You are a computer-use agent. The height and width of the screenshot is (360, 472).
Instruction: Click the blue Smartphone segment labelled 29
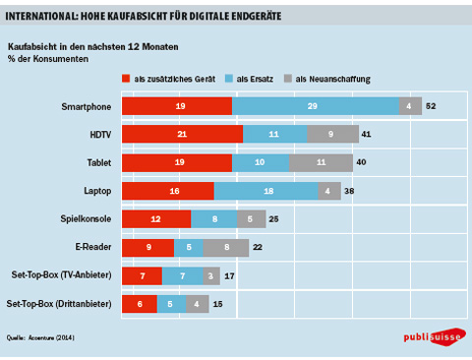(316, 106)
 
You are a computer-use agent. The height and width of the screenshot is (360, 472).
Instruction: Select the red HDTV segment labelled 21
(182, 134)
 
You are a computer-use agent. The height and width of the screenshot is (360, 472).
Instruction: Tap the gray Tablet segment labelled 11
(321, 162)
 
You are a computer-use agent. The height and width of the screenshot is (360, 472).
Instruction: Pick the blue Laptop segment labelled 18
(265, 191)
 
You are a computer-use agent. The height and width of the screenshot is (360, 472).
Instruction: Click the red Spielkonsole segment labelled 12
(156, 219)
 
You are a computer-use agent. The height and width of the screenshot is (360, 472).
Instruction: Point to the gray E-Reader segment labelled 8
(226, 248)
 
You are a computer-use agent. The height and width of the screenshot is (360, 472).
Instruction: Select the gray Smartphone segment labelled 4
(410, 106)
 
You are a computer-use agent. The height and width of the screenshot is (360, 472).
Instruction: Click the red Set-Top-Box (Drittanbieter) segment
(140, 304)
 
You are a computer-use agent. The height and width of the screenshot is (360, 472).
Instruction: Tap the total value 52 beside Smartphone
(431, 106)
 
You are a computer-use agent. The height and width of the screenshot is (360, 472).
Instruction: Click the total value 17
(229, 276)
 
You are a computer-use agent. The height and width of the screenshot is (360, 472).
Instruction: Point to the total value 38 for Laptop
(349, 191)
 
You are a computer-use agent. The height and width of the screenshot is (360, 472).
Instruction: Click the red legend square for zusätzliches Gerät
(126, 79)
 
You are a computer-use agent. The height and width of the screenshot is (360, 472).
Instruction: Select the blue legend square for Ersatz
(229, 79)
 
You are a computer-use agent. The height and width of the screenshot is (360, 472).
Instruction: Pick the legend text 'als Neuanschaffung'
(333, 79)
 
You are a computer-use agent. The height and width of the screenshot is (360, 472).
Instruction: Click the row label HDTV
(100, 135)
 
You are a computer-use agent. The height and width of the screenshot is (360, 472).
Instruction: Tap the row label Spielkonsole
(86, 218)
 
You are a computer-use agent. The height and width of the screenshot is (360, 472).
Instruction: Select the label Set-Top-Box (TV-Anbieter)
(62, 274)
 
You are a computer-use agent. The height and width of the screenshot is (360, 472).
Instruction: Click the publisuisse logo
(435, 336)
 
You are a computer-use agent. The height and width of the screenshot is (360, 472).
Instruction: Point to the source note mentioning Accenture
(40, 337)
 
